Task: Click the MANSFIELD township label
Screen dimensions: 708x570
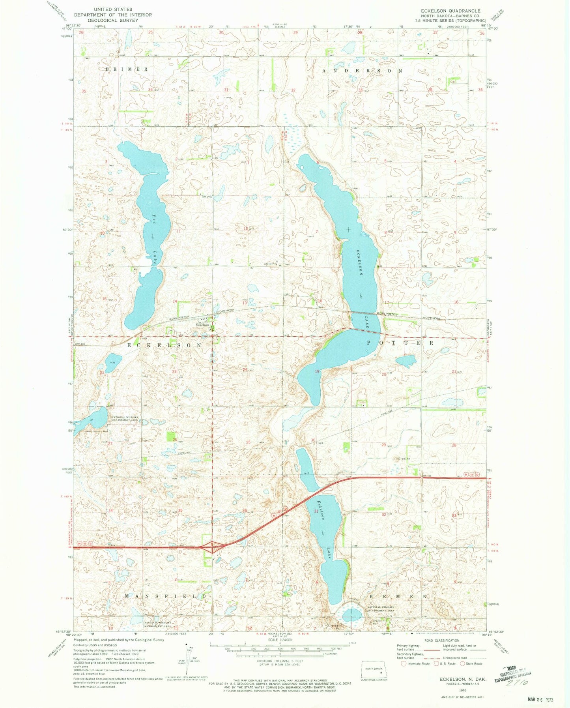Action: pyautogui.click(x=166, y=595)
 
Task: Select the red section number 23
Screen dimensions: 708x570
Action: pyautogui.click(x=174, y=371)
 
